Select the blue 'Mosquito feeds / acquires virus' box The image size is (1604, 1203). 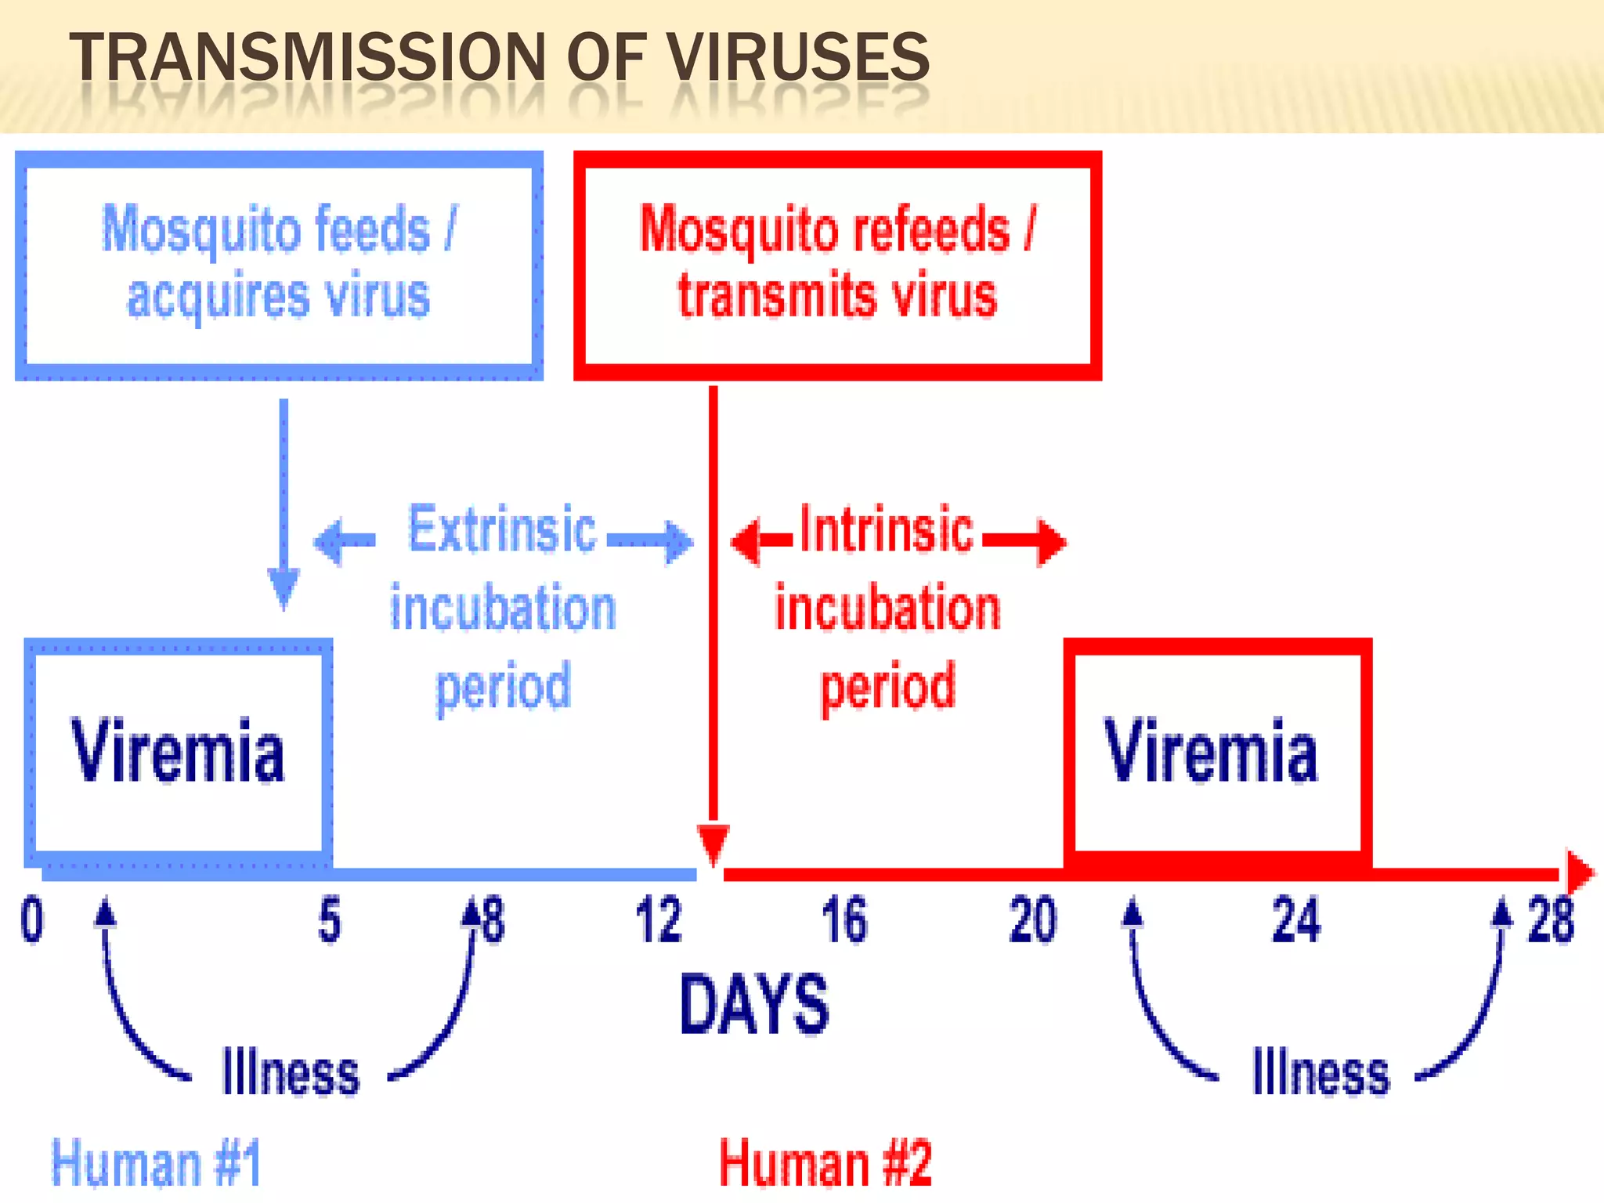(x=279, y=265)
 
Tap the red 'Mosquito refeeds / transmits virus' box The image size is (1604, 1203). (x=837, y=265)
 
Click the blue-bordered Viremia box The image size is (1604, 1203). (x=179, y=750)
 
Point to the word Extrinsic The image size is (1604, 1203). (x=502, y=530)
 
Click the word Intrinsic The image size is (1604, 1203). (x=887, y=530)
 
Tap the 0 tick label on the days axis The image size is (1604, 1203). (x=32, y=921)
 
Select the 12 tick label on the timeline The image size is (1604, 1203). (x=658, y=921)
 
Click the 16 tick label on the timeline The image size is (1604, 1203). (x=844, y=921)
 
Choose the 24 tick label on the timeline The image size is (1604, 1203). (x=1296, y=921)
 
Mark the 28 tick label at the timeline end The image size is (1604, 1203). (x=1550, y=921)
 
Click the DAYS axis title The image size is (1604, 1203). (x=753, y=1005)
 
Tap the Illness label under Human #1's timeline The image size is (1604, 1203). (x=291, y=1072)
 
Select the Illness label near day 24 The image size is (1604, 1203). (x=1320, y=1072)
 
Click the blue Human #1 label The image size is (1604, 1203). (x=156, y=1164)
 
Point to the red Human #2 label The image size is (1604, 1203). (x=826, y=1164)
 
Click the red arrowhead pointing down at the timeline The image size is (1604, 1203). (x=713, y=844)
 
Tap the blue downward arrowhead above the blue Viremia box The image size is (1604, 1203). (x=284, y=587)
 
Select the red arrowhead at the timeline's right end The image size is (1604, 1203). (x=1579, y=872)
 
